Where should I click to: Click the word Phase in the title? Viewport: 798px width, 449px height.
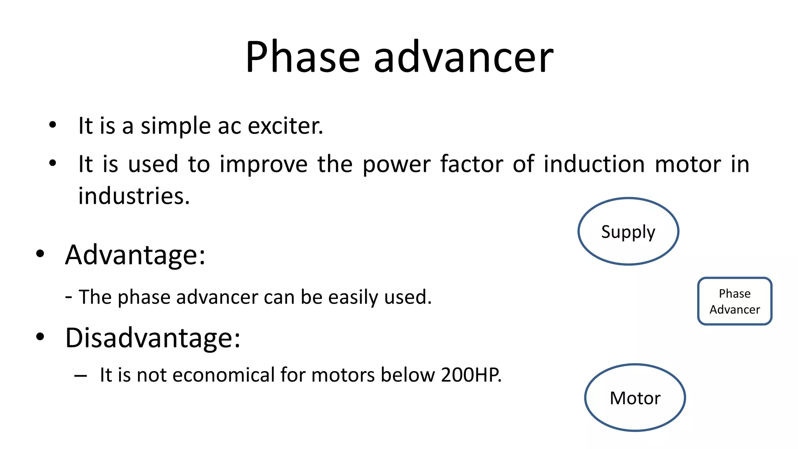[x=302, y=57]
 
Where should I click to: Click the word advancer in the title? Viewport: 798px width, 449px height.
[x=463, y=57]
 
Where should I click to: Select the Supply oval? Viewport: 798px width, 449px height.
[x=628, y=232]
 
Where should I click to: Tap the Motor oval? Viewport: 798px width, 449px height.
[x=635, y=398]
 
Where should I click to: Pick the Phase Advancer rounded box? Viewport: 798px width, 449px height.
[x=734, y=301]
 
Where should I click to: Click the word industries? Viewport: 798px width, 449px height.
[x=134, y=196]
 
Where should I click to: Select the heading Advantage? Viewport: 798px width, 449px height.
[x=135, y=255]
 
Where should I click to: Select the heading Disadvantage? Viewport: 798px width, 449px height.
[x=153, y=338]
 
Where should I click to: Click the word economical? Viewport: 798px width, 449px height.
[x=223, y=375]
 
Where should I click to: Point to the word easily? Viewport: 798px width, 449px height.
[x=353, y=297]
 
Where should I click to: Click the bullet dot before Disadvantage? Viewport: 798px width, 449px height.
[x=40, y=337]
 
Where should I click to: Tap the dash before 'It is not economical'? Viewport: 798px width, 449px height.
[x=81, y=376]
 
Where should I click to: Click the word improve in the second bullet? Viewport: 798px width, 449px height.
[x=264, y=164]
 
